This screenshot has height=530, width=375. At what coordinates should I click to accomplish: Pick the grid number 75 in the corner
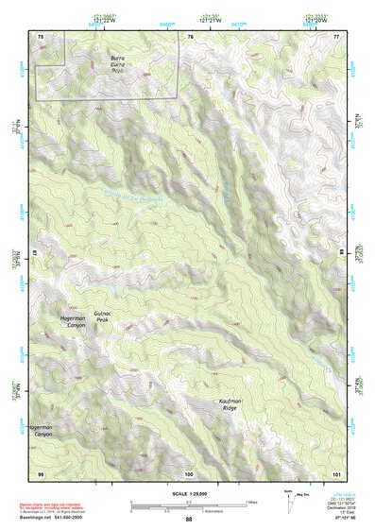[41, 36]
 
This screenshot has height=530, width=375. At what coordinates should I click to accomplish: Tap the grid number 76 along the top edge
[190, 36]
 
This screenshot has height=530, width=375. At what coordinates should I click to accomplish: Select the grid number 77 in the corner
[335, 36]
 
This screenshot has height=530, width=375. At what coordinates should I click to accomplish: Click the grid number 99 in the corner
[41, 472]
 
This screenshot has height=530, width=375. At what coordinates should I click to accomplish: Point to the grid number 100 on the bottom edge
[189, 472]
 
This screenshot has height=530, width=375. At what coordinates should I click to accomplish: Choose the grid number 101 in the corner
[335, 472]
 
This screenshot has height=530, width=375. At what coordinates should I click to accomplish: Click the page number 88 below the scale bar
[188, 520]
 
